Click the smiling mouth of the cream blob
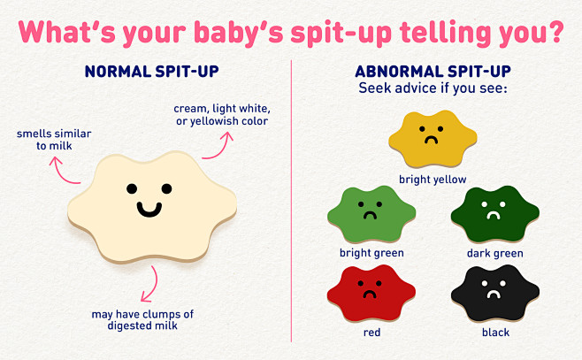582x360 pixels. pos(148,209)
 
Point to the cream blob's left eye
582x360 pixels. pos(131,188)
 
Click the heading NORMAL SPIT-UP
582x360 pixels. pos(151,70)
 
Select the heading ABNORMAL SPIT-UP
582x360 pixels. pos(433,71)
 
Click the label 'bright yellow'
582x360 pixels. pos(432,178)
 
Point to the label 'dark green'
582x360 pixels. pos(494,253)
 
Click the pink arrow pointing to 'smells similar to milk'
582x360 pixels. pos(65,168)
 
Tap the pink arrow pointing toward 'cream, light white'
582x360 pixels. pos(213,146)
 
